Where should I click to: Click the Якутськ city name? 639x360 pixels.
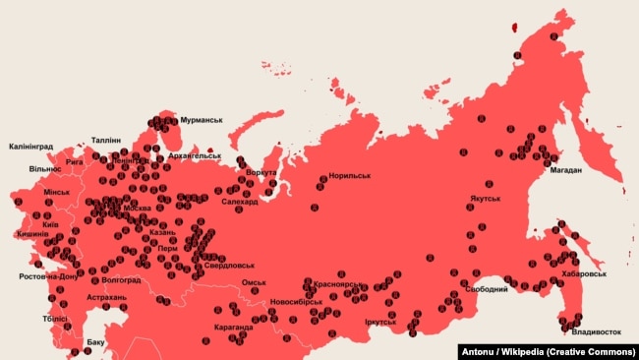coord(485,199)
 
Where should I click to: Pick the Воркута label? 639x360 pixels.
coord(261,172)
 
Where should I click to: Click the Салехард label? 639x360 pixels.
coord(240,202)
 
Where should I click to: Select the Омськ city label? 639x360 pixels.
coord(254,282)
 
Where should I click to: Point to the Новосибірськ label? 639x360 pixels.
coord(296,301)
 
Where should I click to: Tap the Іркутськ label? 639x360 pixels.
coord(379,322)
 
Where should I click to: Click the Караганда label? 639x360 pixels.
coord(233,327)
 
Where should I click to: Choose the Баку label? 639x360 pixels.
coord(95,342)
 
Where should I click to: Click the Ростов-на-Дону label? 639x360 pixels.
coord(47,276)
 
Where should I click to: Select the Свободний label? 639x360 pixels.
coord(487,289)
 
